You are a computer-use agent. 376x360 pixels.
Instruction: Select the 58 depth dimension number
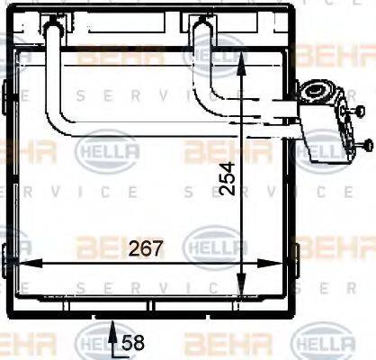[x=133, y=342]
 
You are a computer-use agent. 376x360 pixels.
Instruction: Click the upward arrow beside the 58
[x=112, y=337]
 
